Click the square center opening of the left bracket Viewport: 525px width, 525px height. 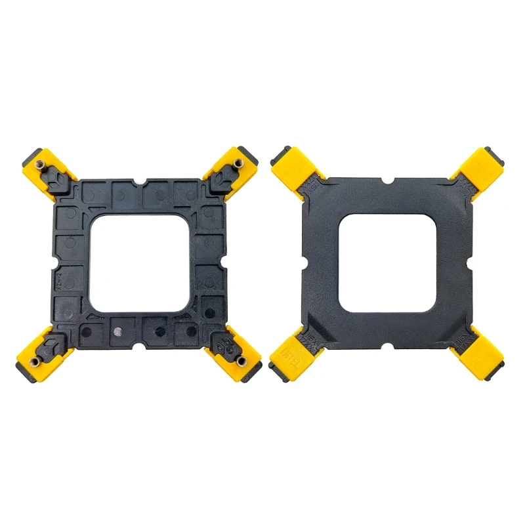coord(140,263)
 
